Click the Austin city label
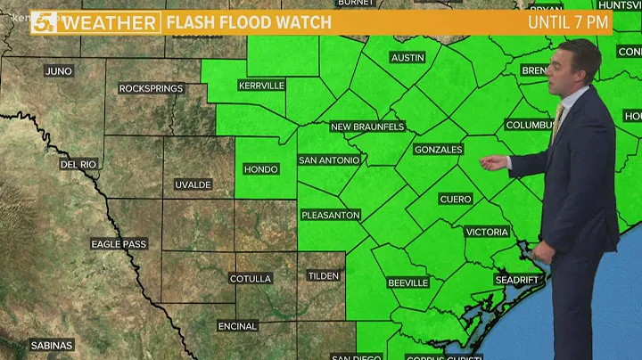pos(407,58)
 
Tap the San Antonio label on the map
pos(329,160)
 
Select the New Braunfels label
pos(367,127)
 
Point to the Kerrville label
pos(261,86)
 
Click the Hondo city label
pos(261,168)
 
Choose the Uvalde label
pos(193,184)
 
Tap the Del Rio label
pos(78,165)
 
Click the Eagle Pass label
pos(119,243)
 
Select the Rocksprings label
pos(151,89)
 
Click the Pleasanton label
pos(330,215)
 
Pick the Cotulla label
pos(250,279)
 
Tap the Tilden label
pos(324,276)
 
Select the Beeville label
pos(407,282)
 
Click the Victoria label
pos(488,232)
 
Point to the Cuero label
pos(456,199)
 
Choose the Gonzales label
pos(438,150)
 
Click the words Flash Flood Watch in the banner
pos(249,21)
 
